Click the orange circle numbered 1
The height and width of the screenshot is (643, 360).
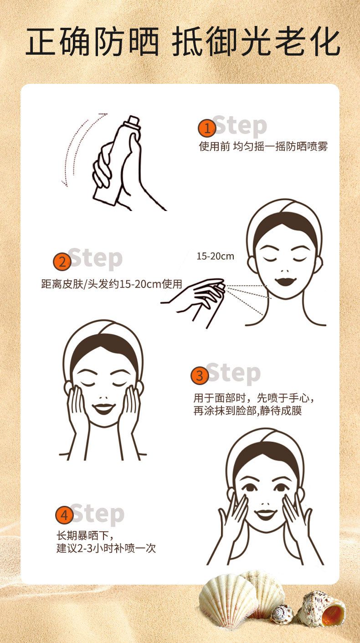[x=207, y=129]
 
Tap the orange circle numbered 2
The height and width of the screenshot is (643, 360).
[x=62, y=262]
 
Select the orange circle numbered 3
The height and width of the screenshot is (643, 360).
[x=200, y=376]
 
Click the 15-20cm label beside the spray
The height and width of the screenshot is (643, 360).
[x=215, y=256]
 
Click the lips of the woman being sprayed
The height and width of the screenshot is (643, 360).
[x=284, y=281]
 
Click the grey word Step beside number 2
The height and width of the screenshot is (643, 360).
[x=96, y=258]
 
